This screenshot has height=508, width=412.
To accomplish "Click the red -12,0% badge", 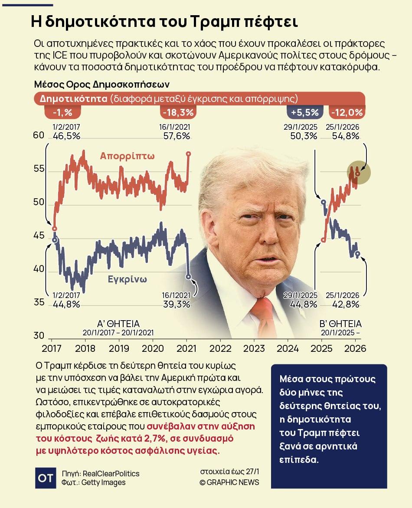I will [347, 112].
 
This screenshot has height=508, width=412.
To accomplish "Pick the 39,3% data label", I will [177, 304].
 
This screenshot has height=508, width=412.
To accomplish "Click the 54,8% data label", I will [346, 136].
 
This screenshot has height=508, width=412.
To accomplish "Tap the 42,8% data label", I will [346, 304].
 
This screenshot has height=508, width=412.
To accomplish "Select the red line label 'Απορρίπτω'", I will [128, 156].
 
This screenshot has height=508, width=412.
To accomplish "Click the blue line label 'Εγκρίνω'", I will [128, 279].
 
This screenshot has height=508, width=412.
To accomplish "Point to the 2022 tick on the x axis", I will [220, 348].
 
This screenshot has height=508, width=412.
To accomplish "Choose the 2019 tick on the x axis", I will [119, 348].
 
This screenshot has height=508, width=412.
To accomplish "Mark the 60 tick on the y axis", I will [39, 135].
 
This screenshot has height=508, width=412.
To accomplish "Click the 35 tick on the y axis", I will [39, 302].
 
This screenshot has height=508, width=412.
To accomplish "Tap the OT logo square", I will [46, 478].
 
